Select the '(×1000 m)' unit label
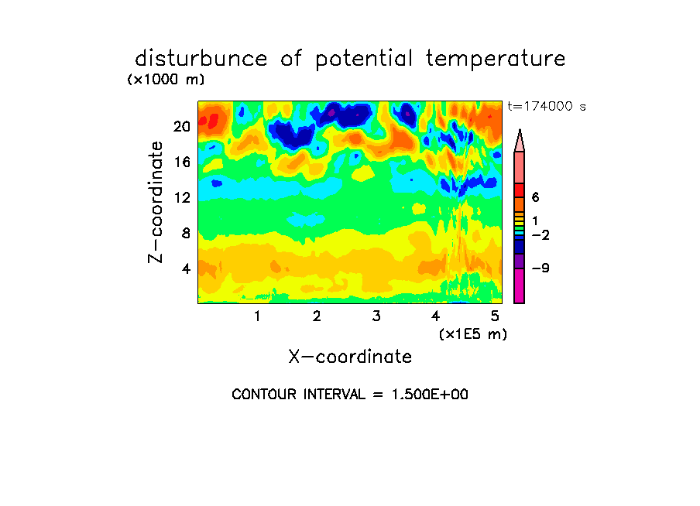tap(166, 80)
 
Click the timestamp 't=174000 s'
tap(546, 106)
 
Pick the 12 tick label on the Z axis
tap(182, 197)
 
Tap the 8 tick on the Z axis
tap(186, 233)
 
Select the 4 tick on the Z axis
tap(186, 268)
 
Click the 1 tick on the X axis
tap(257, 316)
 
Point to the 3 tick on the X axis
tap(376, 316)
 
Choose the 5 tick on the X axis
tap(495, 316)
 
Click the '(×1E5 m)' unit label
tap(472, 333)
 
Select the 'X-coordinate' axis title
tap(350, 357)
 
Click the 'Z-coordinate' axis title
tap(156, 202)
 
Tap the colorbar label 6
tap(534, 198)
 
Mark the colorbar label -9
tap(539, 268)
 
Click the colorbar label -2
tap(539, 234)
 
